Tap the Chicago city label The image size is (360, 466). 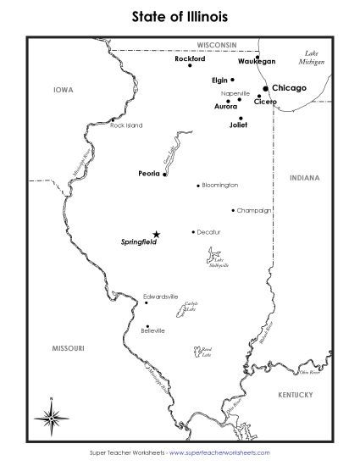point(289,87)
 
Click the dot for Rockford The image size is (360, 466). point(190,66)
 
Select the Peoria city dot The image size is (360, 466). point(164,175)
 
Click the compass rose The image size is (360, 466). point(52,416)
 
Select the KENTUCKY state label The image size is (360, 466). point(296,395)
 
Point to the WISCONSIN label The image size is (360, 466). point(216,43)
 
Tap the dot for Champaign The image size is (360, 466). point(233,210)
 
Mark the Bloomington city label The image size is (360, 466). point(220,185)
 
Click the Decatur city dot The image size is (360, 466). point(193,231)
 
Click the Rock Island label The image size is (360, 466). point(127,125)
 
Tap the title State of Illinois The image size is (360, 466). point(180,15)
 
